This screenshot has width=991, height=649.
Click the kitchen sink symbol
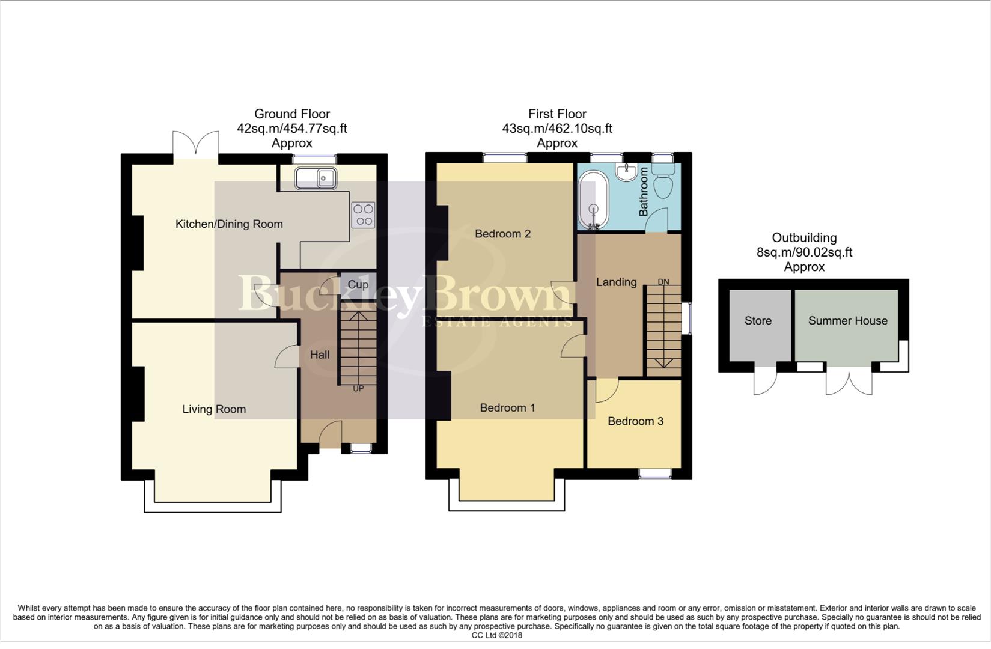point(316,178)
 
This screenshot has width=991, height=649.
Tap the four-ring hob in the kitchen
point(363,215)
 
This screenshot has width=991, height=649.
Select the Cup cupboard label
point(358,284)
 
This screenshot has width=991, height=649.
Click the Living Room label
point(214,409)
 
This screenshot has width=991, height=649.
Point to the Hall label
point(320,355)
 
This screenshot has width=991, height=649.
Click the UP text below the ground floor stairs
point(358,389)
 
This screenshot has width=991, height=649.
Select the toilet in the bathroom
point(663,183)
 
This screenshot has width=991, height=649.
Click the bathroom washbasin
point(627,172)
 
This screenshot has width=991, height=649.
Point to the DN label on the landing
point(663,282)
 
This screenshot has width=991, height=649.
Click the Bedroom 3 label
point(635,421)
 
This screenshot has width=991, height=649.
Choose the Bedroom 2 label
point(502,234)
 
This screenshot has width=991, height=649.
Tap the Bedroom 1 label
point(507,408)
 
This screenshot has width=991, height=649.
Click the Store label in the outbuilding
point(758,321)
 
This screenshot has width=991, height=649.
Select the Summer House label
point(847,321)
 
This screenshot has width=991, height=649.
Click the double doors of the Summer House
point(849,382)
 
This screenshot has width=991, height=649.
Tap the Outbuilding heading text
point(804,238)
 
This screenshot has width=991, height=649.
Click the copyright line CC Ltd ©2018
point(496,635)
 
